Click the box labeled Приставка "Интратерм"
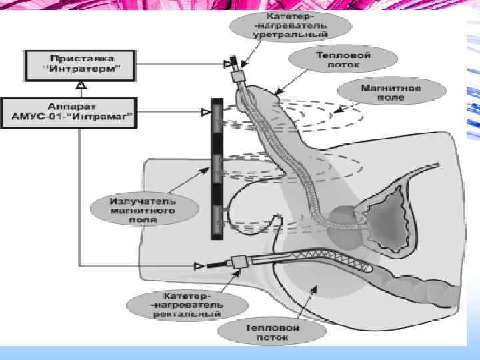click(x=79, y=64)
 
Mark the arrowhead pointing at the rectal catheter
click(x=197, y=267)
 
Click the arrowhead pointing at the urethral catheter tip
click(x=227, y=64)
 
